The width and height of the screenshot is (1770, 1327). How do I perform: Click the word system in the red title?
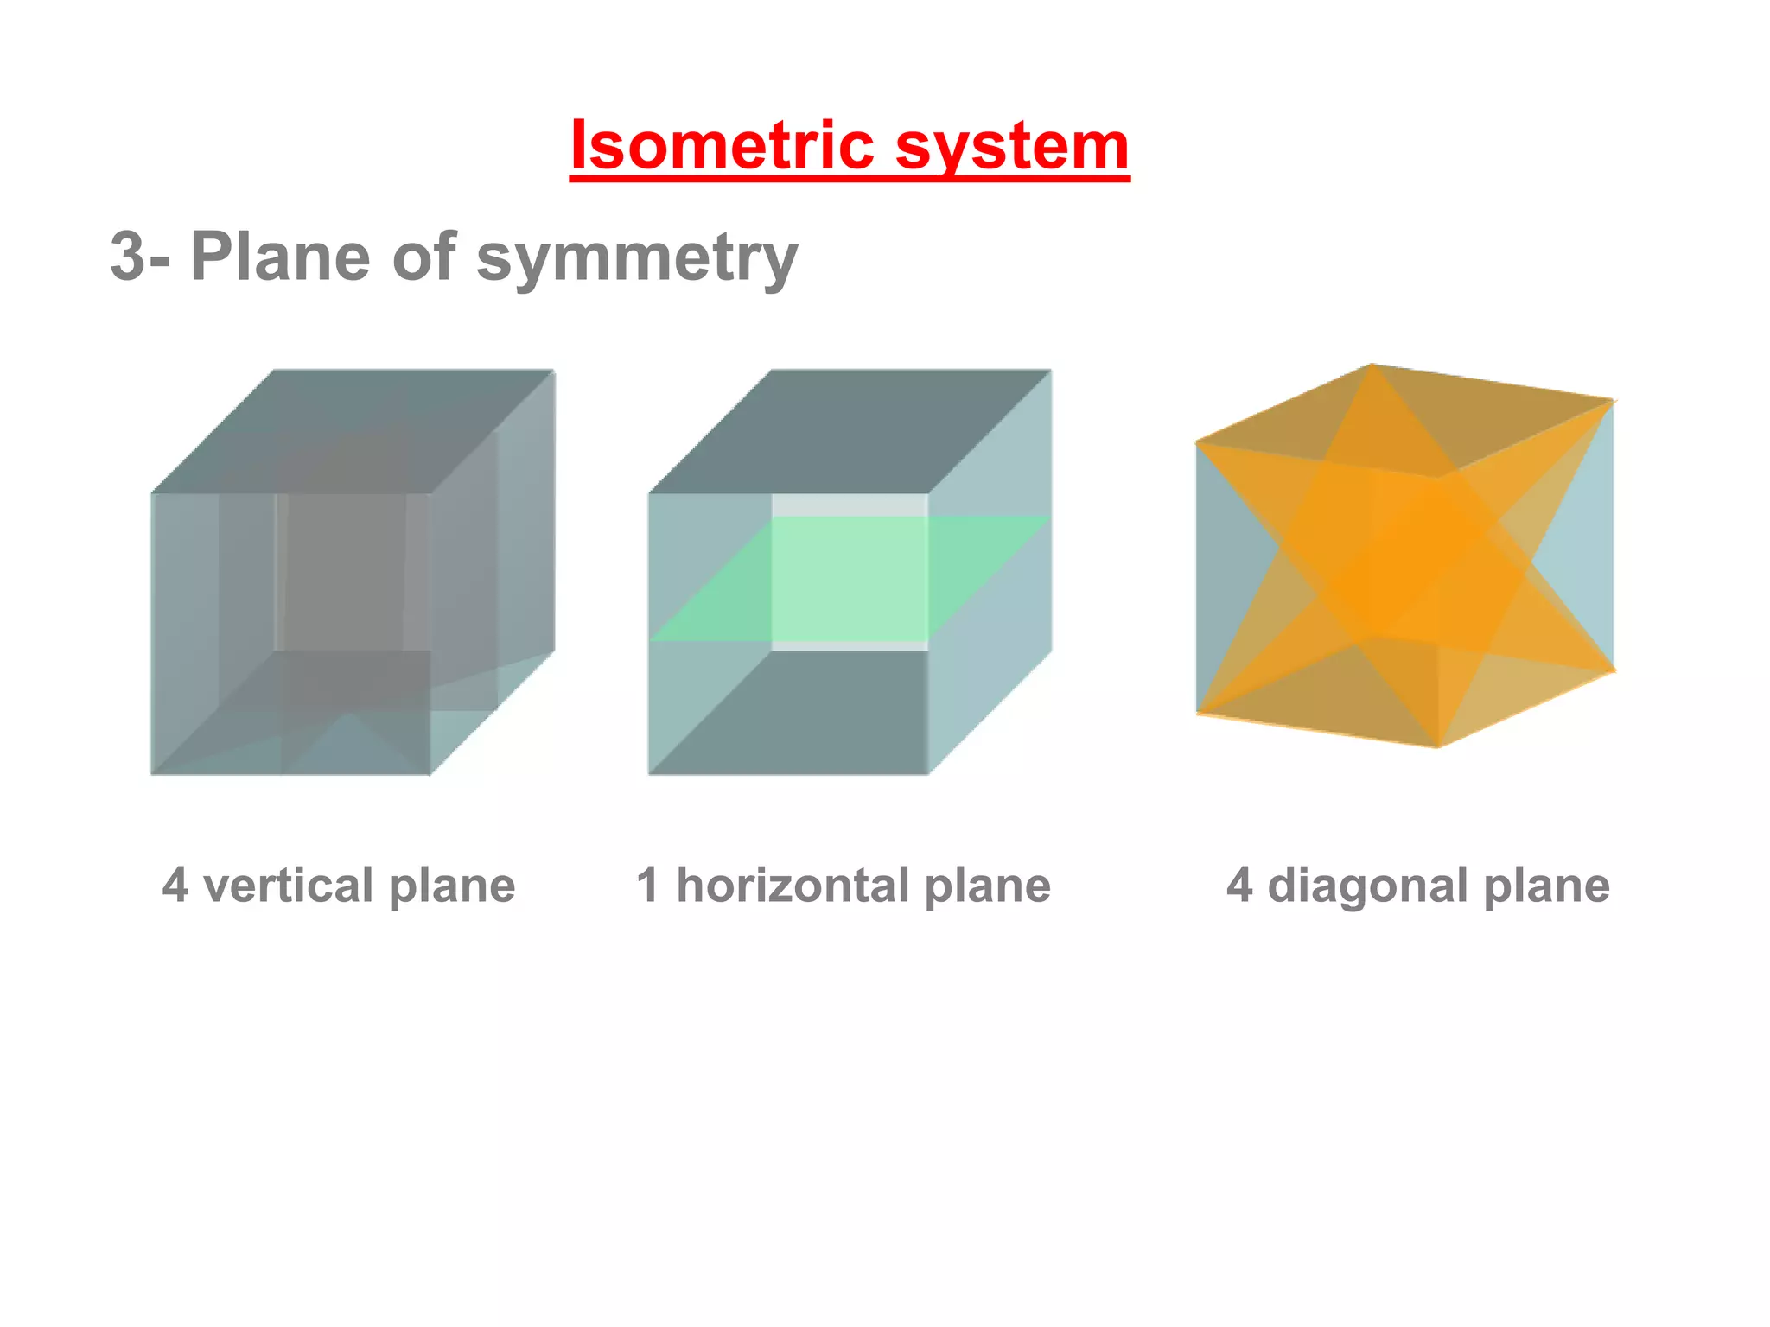click(1012, 147)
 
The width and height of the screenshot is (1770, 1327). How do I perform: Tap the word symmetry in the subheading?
click(637, 257)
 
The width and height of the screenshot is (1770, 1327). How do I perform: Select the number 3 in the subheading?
click(128, 257)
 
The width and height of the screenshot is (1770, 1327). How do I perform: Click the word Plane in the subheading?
click(281, 257)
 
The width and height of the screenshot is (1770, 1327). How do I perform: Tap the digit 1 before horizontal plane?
click(648, 886)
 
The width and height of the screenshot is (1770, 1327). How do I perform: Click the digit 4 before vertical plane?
click(175, 886)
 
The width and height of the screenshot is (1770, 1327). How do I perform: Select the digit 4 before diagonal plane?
click(1239, 886)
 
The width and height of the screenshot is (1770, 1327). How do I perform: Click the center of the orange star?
click(1404, 557)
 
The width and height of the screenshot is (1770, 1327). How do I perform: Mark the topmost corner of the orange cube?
click(1372, 365)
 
